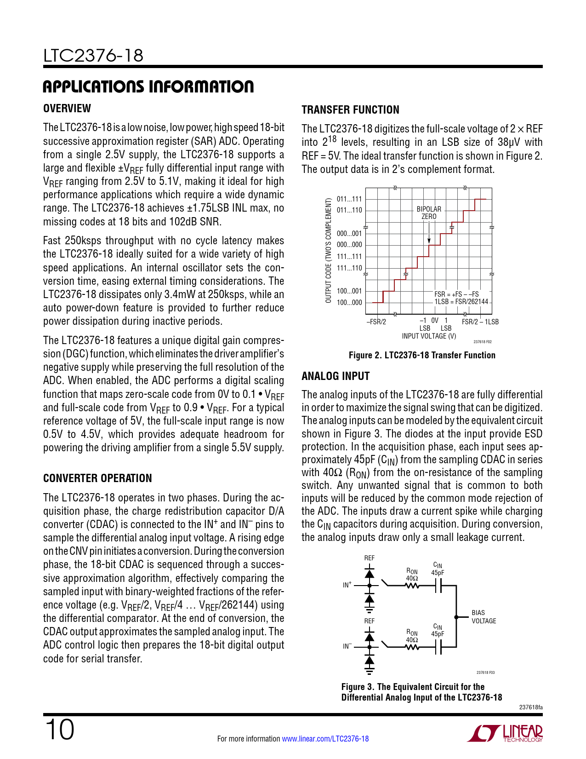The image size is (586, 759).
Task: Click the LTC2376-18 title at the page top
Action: (93, 56)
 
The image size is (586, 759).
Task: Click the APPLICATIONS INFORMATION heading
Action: (148, 86)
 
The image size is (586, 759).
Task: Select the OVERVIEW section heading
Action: (67, 109)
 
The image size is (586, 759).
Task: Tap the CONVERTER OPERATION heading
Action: (97, 478)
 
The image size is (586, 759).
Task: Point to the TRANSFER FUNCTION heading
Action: (350, 110)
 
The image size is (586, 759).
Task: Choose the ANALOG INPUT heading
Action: (336, 376)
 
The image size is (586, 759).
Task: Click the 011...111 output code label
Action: (349, 199)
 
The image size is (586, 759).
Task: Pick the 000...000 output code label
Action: (349, 245)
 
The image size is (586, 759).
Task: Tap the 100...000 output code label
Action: (349, 303)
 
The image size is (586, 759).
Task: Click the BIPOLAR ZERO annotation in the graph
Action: (429, 213)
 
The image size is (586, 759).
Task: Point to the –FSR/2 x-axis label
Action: (376, 322)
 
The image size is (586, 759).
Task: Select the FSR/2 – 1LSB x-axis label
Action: (480, 322)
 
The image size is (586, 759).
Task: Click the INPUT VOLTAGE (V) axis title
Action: (429, 336)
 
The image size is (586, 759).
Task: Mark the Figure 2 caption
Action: (422, 356)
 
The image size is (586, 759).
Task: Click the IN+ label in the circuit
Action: (347, 585)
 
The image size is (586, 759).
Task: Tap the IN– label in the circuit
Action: (347, 646)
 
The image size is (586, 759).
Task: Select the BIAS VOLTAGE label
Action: (484, 617)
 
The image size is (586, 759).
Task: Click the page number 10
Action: (59, 730)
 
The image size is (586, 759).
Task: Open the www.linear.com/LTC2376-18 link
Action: (325, 739)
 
